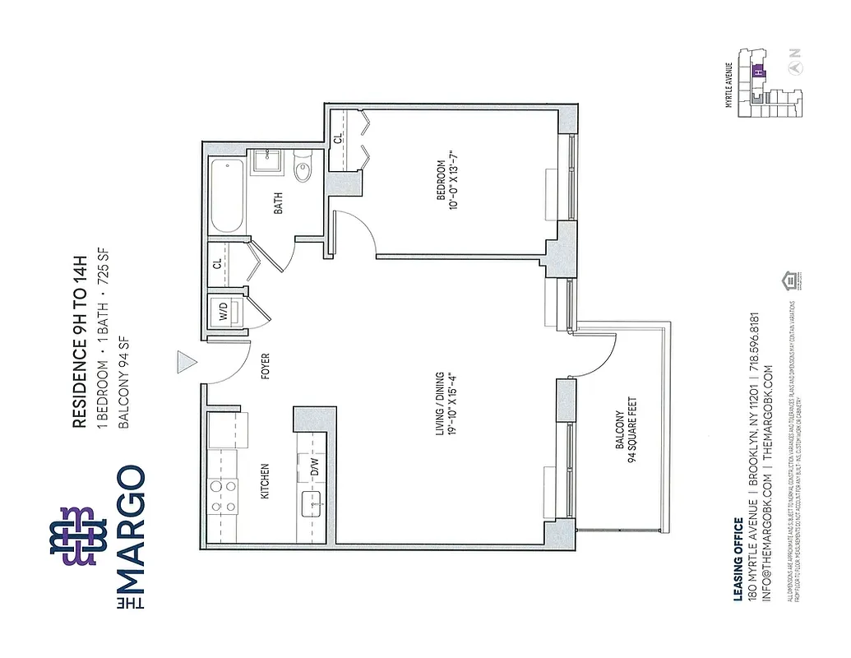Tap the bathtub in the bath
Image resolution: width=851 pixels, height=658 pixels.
pos(227,197)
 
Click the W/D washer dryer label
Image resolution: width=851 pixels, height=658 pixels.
pos(223,313)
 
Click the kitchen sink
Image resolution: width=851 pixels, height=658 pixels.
pos(313,502)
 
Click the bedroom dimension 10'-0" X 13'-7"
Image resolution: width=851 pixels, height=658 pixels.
pos(455,178)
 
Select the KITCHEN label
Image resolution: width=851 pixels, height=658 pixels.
pos(265,481)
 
